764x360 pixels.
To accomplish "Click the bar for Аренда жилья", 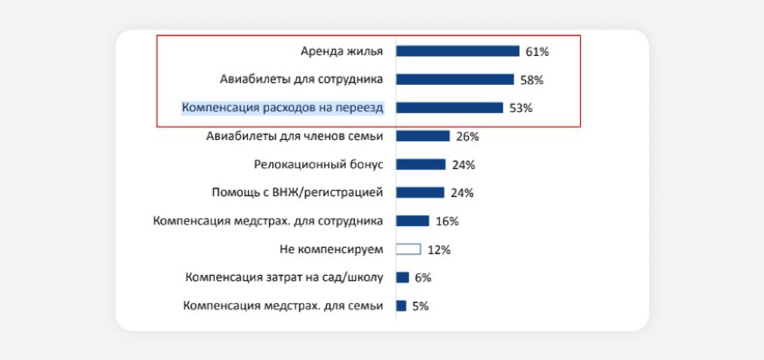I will tap(457, 51).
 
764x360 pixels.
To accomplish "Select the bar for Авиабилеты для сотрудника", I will tap(455, 80).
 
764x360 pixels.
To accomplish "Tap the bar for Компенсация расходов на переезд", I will tap(449, 108).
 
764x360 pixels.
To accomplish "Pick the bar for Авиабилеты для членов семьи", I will tap(422, 136).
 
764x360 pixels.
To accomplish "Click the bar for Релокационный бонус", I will tap(421, 165).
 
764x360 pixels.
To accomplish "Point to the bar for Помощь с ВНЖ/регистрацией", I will tap(421, 193).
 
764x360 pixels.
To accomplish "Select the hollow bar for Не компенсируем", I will tap(408, 249).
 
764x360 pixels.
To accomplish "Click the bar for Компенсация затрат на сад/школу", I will tap(402, 278).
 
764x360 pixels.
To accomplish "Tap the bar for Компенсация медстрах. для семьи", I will tap(401, 306).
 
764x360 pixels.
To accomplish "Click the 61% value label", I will tap(537, 52).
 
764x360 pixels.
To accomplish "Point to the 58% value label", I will tap(532, 80).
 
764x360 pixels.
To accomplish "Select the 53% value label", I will tap(520, 109).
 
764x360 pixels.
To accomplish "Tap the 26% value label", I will tap(467, 137).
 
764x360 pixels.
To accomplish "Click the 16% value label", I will tap(447, 222).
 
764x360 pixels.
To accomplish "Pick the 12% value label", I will tap(438, 250).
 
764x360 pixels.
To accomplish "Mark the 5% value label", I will tap(420, 307).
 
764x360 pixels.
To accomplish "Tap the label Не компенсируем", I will tap(331, 249).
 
